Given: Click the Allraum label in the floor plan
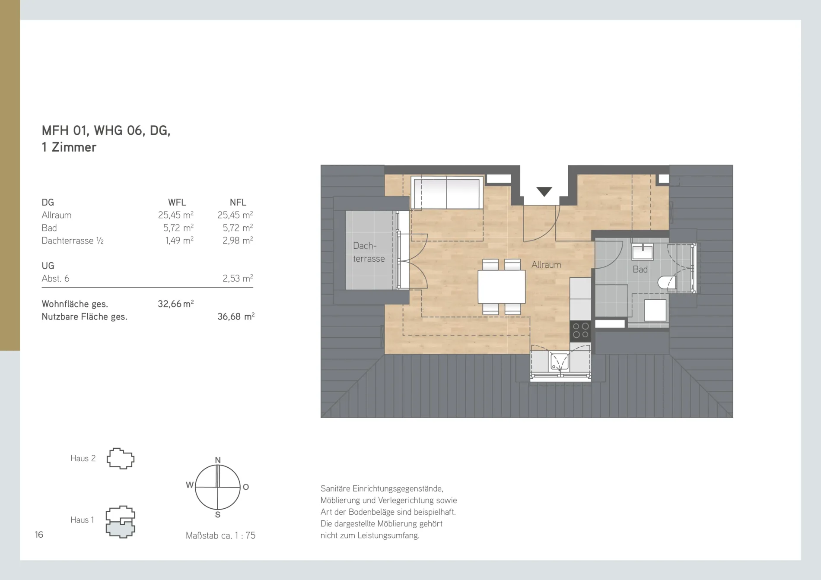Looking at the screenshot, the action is [546, 265].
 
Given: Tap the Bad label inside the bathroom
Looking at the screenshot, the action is [640, 269].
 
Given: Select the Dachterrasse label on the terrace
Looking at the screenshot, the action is [369, 252].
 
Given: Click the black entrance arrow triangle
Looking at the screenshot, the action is [544, 191].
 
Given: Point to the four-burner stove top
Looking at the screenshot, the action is [580, 331].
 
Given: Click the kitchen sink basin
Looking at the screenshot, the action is [559, 361].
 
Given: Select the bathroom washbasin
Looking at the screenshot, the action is [643, 251].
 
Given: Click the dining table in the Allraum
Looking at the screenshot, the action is [501, 287].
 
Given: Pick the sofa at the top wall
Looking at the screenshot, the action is [447, 193].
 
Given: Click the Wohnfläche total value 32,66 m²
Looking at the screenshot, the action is [175, 304].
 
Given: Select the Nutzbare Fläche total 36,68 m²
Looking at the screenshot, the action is [235, 317].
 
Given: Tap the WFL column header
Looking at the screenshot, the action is [177, 203].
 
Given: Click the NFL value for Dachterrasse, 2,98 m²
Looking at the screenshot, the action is [238, 241].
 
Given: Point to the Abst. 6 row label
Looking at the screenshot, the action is [55, 279].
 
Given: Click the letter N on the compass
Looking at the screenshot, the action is [218, 460].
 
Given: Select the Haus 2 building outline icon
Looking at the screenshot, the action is [121, 459].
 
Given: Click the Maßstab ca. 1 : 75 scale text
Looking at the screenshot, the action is [220, 536].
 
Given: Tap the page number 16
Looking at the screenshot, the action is [39, 535].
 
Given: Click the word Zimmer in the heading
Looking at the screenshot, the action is [74, 147].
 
